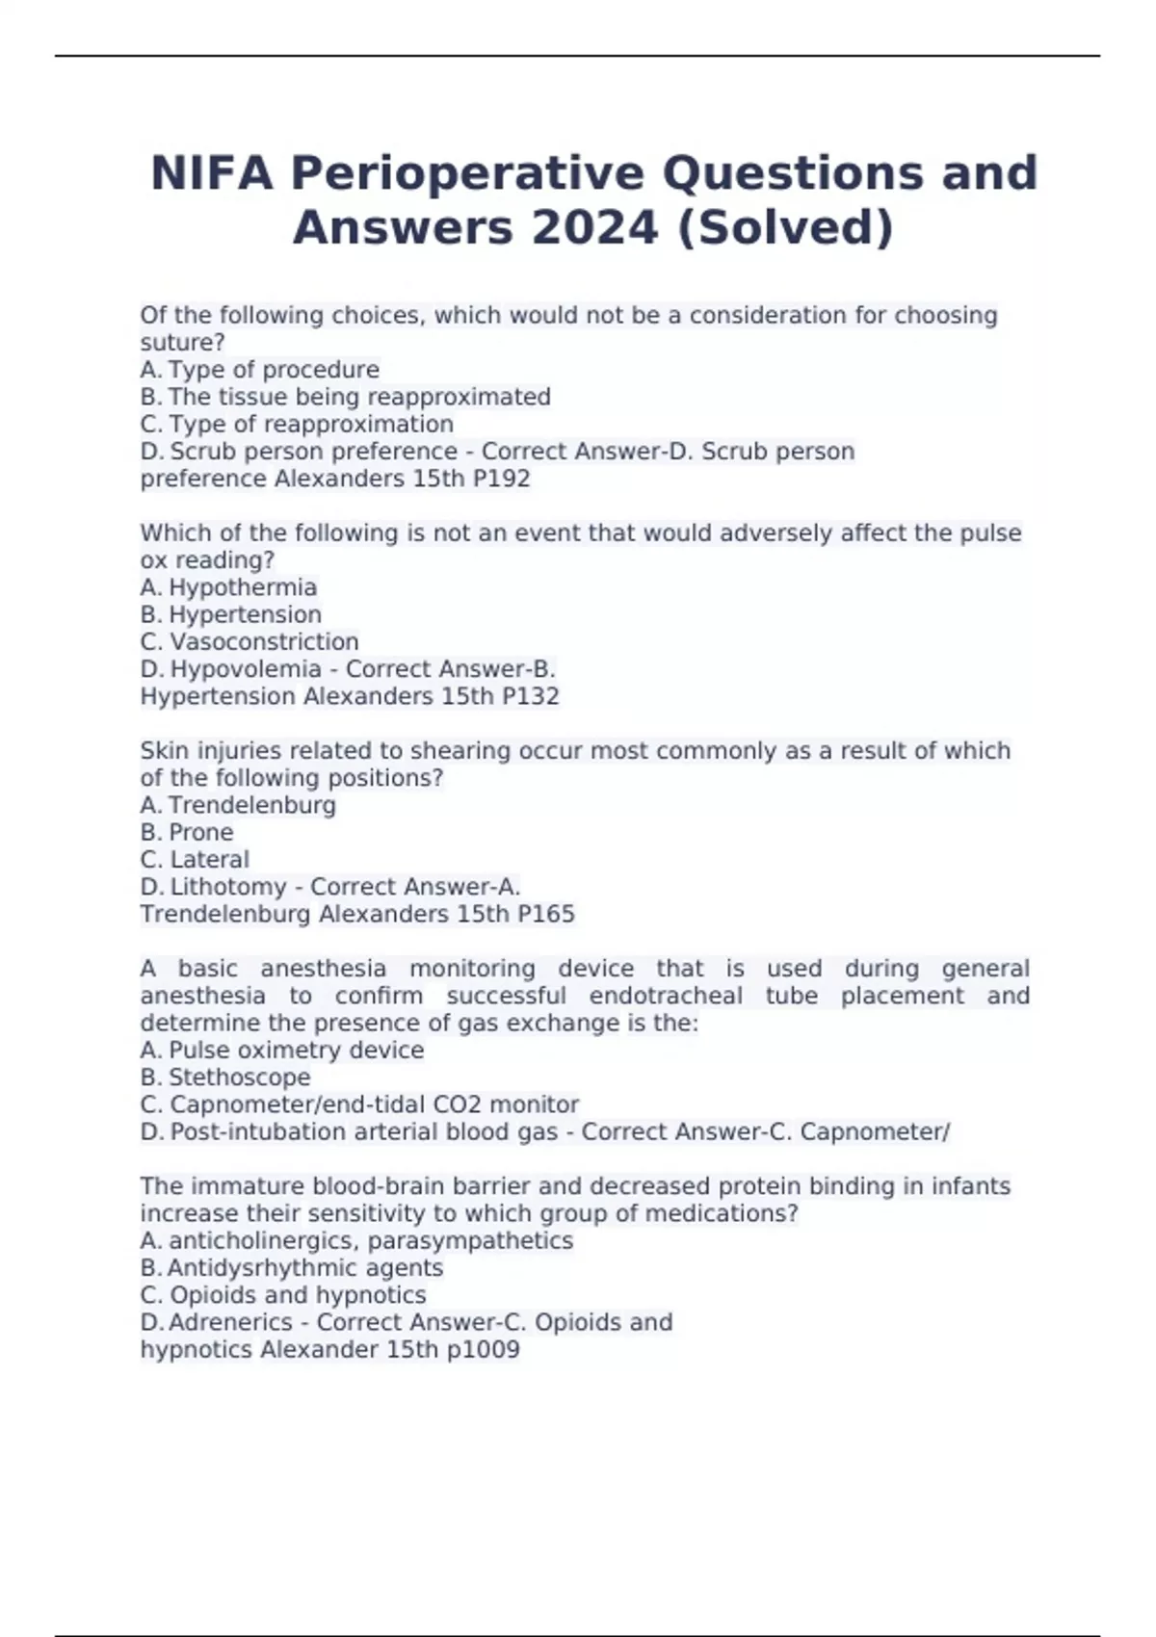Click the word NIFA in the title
pyautogui.click(x=211, y=173)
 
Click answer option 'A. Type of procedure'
pyautogui.click(x=259, y=370)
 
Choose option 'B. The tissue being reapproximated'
pyautogui.click(x=345, y=397)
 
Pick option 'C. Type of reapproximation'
pyautogui.click(x=297, y=424)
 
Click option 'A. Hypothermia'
pyautogui.click(x=228, y=587)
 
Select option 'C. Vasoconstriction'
pyautogui.click(x=250, y=641)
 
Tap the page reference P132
pyautogui.click(x=530, y=696)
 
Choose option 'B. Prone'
pyautogui.click(x=187, y=832)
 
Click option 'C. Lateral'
pyautogui.click(x=195, y=859)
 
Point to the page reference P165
pyautogui.click(x=545, y=914)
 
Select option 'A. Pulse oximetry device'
pyautogui.click(x=282, y=1050)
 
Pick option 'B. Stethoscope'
pyautogui.click(x=225, y=1077)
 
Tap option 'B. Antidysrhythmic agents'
pyautogui.click(x=292, y=1268)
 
